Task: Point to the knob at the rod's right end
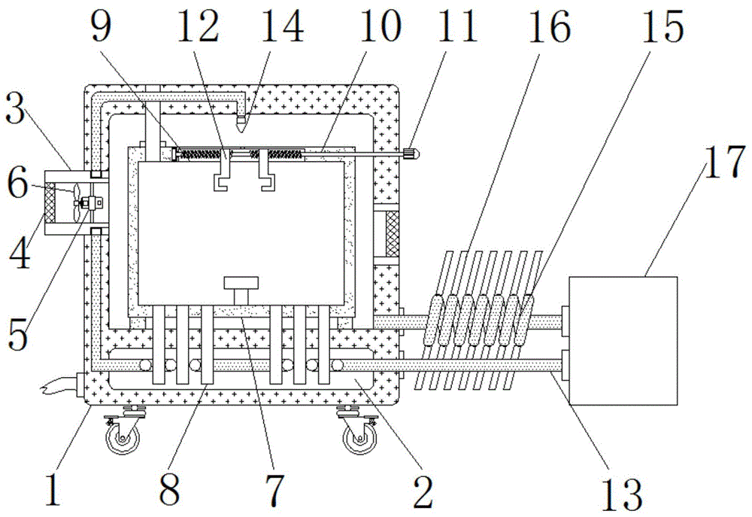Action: (x=411, y=154)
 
